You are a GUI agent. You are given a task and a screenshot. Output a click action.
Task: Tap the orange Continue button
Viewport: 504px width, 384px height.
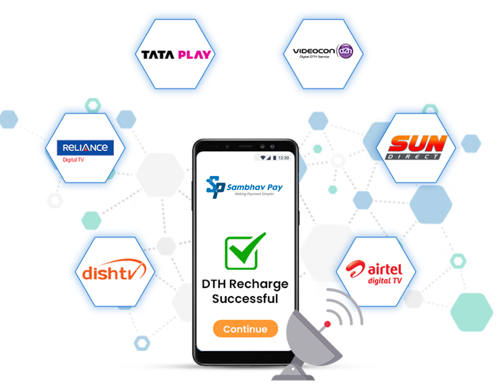tap(245, 329)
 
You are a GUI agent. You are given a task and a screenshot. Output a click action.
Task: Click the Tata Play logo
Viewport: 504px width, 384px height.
tap(176, 55)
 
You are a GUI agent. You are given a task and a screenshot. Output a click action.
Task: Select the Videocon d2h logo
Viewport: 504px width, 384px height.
tap(323, 51)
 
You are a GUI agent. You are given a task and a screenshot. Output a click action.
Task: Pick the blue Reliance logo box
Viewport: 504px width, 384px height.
tap(85, 148)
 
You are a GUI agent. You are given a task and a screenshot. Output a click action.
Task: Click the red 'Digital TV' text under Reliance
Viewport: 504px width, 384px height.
tap(73, 160)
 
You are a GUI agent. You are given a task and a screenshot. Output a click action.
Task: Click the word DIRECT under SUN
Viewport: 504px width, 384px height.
tap(413, 157)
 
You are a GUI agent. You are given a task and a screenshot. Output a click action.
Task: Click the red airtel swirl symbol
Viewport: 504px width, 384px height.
tap(355, 269)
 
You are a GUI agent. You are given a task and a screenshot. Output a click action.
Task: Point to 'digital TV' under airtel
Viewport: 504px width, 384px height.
tap(385, 281)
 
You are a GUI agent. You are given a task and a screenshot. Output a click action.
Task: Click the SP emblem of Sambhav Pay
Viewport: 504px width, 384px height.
tap(215, 187)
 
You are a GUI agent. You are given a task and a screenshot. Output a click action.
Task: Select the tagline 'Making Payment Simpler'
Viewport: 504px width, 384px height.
tap(254, 194)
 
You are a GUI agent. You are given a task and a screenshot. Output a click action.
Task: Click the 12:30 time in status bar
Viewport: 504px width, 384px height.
tap(283, 158)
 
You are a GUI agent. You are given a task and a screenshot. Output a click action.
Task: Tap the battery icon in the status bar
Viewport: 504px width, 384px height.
tap(275, 158)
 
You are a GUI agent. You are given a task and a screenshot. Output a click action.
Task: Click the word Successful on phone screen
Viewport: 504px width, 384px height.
tap(245, 299)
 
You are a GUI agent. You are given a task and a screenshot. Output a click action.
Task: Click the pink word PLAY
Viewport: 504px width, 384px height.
tap(194, 55)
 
